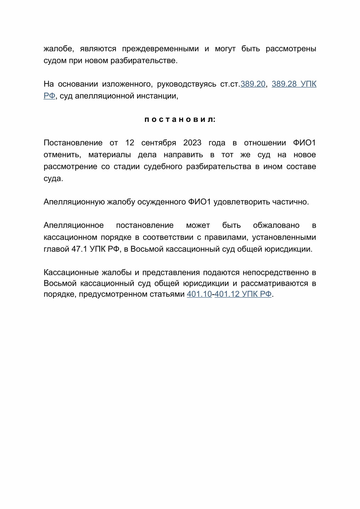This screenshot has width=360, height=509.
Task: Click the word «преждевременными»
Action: point(160,49)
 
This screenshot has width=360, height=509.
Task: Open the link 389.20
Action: point(253,84)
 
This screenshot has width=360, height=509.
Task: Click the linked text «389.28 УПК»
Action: point(294,84)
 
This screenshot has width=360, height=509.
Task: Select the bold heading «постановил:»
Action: point(180,119)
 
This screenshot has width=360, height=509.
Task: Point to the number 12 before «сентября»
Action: point(130,143)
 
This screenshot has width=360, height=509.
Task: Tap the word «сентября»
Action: point(158,143)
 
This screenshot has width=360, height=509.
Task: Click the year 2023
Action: point(192,143)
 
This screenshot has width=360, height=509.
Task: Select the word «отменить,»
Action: point(62,155)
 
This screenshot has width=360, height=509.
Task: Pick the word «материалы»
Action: point(110,155)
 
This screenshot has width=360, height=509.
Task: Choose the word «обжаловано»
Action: point(276,225)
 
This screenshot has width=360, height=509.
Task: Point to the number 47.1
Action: point(79,249)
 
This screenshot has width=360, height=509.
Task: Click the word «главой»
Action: point(56,249)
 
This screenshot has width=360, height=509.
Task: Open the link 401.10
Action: point(199,294)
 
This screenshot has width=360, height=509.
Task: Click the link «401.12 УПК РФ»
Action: point(243,294)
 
